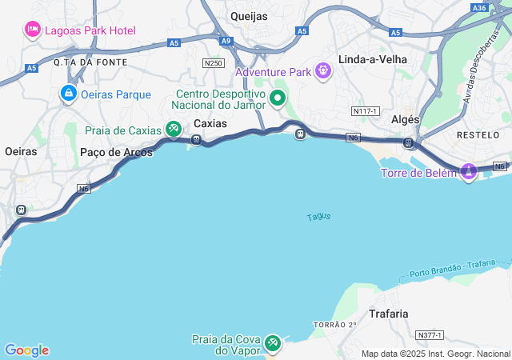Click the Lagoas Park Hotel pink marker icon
(33, 30)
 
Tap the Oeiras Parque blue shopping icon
(69, 94)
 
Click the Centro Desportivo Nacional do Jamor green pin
(278, 98)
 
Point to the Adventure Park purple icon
(322, 72)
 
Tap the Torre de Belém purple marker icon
(468, 171)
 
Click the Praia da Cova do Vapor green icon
(273, 342)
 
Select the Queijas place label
(249, 15)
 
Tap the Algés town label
(406, 118)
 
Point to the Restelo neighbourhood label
(478, 135)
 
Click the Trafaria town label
(389, 314)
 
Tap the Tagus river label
(318, 217)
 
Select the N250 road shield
(213, 62)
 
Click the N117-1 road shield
(364, 110)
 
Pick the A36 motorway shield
(479, 7)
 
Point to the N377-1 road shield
(430, 334)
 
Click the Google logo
(26, 350)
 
